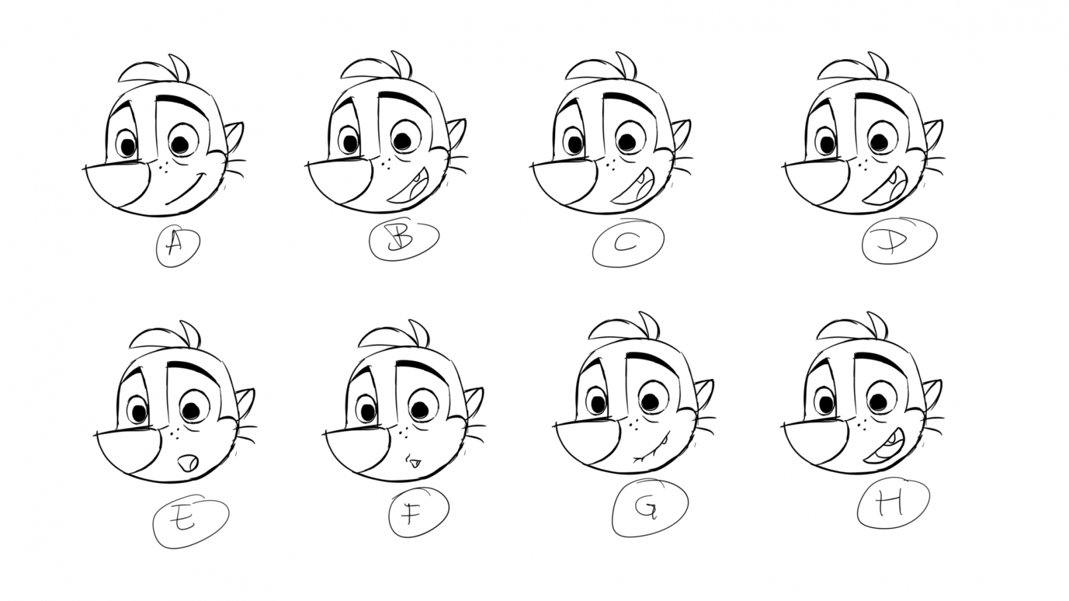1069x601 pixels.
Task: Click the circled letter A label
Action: [178, 246]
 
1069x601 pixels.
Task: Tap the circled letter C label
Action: [627, 243]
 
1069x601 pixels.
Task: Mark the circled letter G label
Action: [649, 507]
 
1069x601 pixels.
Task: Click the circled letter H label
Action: [893, 503]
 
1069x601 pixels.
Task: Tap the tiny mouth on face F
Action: [414, 462]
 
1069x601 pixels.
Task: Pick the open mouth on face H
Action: [884, 446]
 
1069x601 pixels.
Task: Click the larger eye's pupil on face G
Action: [649, 402]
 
